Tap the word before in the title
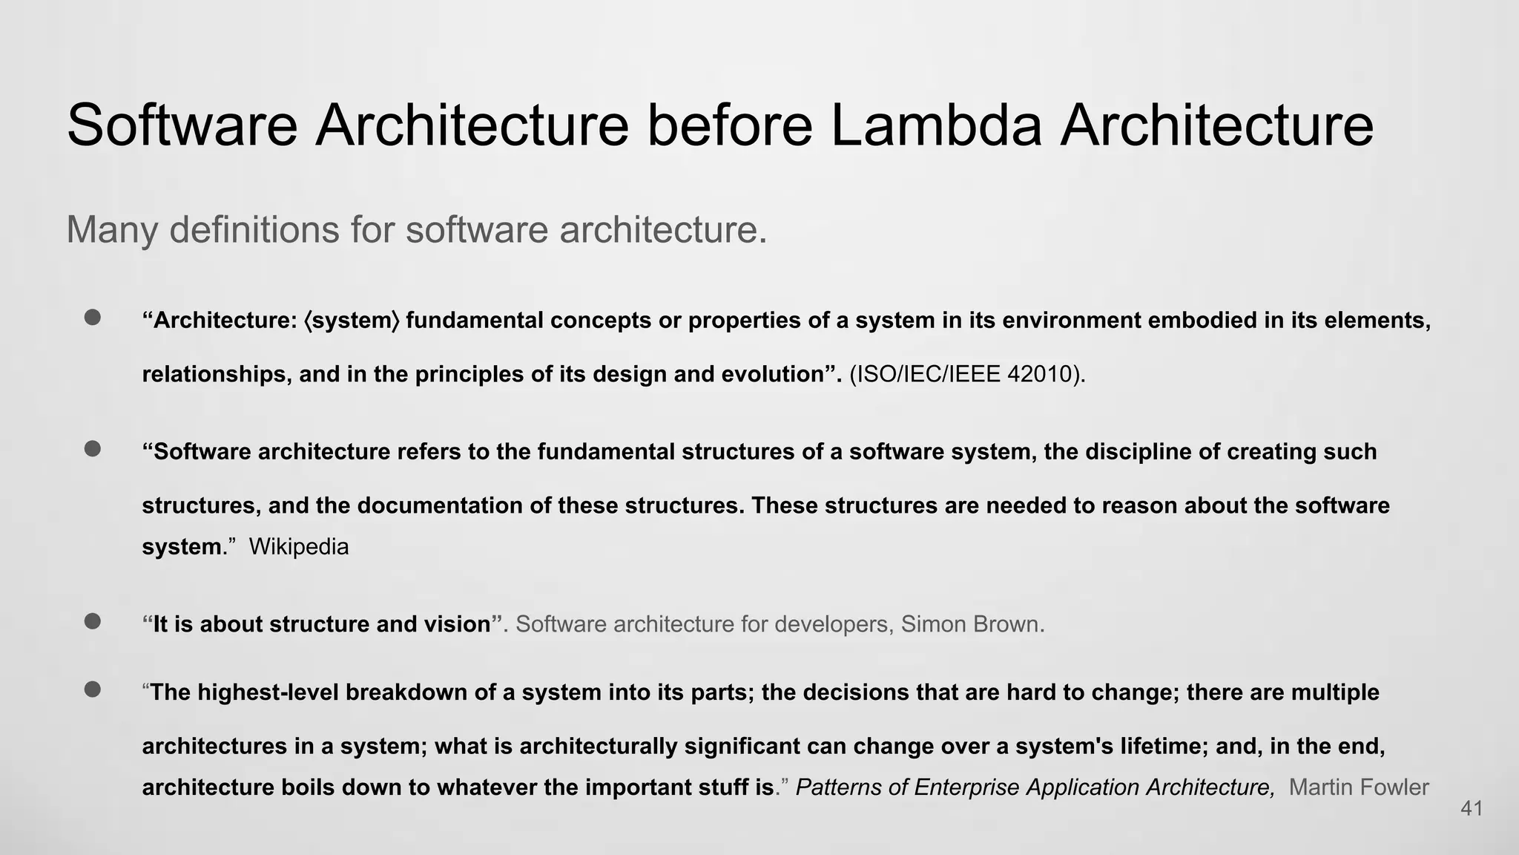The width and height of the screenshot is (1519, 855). (730, 125)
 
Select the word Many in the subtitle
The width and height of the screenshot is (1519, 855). (111, 229)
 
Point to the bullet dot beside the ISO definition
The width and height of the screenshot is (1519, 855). (93, 318)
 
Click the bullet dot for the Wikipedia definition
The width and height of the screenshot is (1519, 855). (93, 449)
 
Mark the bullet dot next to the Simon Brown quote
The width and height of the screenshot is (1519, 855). (93, 621)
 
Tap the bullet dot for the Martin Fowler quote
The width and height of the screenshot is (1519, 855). (93, 689)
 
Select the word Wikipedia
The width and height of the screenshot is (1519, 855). (298, 547)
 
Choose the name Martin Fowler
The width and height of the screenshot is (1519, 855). (1358, 787)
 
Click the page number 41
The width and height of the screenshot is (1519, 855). (1472, 809)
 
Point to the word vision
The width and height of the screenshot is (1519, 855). (457, 624)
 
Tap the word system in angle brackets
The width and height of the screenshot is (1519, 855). (352, 321)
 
